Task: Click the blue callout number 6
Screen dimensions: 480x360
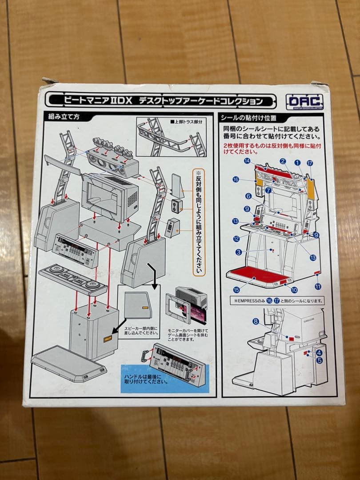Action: coord(248,196)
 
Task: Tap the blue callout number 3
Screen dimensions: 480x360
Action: coord(239,252)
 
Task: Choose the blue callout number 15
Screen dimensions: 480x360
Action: coord(236,290)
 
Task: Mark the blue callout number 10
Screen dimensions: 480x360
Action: coord(294,289)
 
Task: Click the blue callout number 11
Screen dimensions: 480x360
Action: coord(317,287)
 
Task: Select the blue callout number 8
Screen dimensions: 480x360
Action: coord(256,320)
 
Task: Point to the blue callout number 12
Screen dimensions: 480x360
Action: coord(237,239)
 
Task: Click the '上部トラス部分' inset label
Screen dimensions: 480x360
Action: coord(187,121)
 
